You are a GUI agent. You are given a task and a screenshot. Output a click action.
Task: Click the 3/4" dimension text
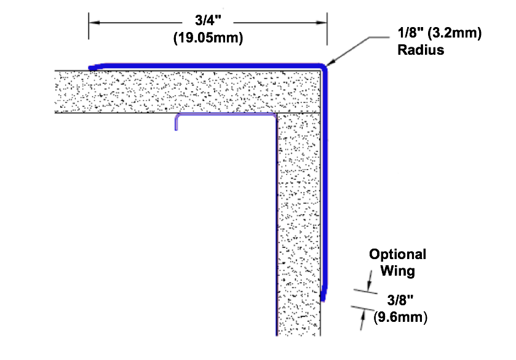tap(208, 20)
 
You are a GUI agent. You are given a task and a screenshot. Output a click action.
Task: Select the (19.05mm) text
tap(208, 38)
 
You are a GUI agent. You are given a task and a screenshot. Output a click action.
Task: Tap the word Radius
tap(421, 50)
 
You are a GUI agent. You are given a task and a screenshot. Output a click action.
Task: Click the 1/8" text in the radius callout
tap(410, 33)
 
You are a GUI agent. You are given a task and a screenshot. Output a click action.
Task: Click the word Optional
tap(397, 255)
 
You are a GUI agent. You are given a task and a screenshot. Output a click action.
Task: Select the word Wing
tap(397, 271)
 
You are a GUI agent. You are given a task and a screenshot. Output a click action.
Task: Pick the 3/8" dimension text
tap(400, 300)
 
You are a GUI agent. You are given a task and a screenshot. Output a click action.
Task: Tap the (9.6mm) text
tap(400, 317)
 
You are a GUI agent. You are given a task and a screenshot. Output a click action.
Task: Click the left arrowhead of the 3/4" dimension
tap(93, 23)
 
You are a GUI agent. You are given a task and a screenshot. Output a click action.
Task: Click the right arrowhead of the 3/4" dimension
tap(322, 23)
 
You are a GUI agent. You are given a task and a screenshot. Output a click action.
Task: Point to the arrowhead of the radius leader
tap(331, 62)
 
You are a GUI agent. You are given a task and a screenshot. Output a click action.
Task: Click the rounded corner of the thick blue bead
tap(323, 67)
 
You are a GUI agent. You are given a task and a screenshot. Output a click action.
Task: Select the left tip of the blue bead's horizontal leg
tap(90, 68)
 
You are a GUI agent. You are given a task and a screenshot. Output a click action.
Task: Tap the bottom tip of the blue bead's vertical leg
tap(323, 300)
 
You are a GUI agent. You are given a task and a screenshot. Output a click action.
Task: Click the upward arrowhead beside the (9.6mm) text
tap(363, 315)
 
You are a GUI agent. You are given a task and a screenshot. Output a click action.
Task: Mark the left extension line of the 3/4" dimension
tap(89, 26)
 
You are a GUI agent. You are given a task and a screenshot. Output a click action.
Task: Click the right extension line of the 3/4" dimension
tap(327, 29)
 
